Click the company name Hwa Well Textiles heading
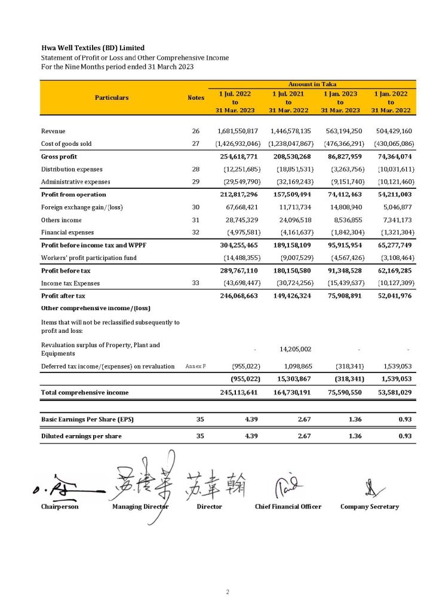[93, 48]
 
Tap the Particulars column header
[112, 97]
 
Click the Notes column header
[196, 97]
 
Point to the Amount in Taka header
[312, 85]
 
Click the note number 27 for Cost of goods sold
[195, 144]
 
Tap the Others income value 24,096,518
[291, 220]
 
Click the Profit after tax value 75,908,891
[340, 296]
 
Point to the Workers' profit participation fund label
[88, 258]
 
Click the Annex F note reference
[195, 366]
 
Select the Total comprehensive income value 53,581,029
[391, 393]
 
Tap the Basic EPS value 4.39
[251, 420]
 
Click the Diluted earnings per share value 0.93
[406, 436]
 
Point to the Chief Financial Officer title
[288, 507]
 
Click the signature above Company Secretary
[370, 489]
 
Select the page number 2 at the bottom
[228, 592]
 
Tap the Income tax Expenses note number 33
[195, 283]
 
